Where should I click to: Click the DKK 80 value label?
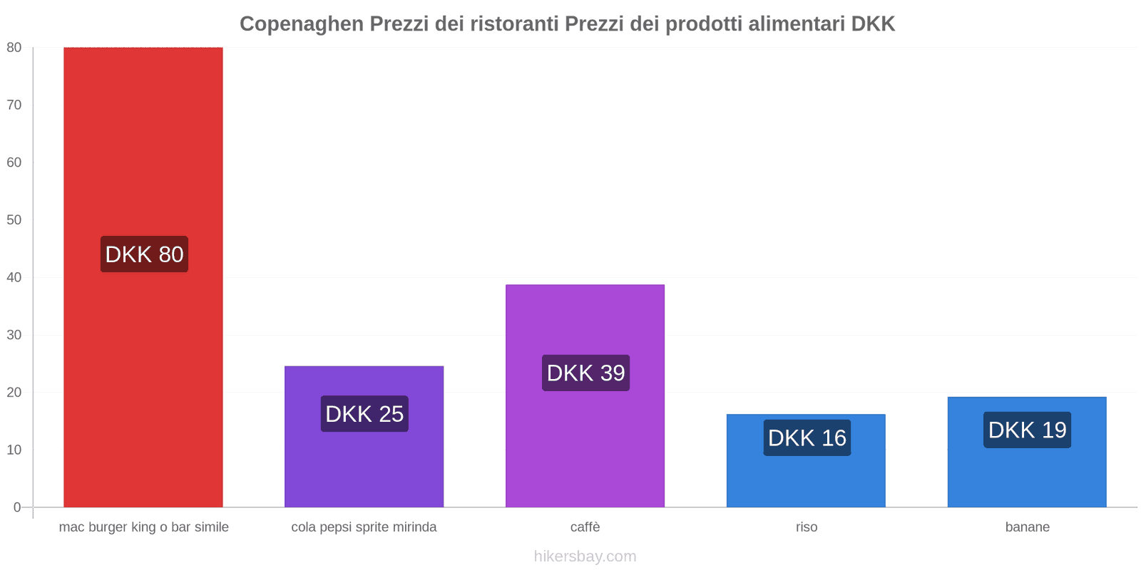(144, 254)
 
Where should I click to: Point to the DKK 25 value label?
(364, 414)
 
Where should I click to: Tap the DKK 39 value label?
(585, 373)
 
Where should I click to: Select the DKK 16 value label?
(807, 437)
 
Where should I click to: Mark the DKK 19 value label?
(1027, 430)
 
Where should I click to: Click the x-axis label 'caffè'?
(585, 527)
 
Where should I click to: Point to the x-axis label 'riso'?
(807, 527)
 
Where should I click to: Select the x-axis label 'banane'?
(1027, 527)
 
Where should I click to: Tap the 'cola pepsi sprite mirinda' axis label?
(364, 527)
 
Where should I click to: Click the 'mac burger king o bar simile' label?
(143, 527)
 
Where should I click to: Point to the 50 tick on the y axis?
(14, 220)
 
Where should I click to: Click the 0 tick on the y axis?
(17, 507)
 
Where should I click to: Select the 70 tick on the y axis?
(14, 105)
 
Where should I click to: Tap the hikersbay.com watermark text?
(585, 556)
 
